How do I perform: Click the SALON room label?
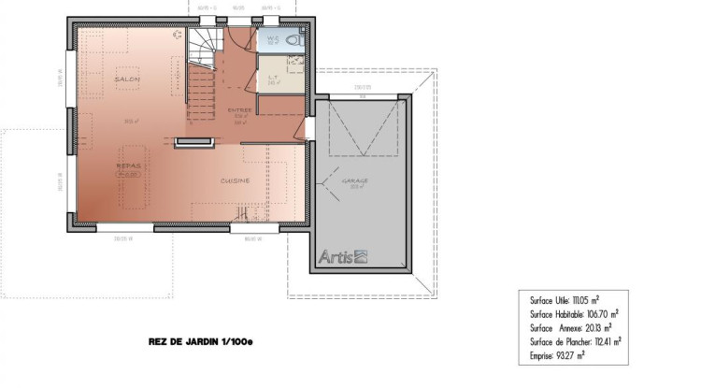click(x=127, y=80)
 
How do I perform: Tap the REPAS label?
click(x=128, y=165)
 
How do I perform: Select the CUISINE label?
click(x=235, y=180)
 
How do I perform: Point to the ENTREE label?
click(x=239, y=109)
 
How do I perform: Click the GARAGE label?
click(x=354, y=180)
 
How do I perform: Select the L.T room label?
click(x=272, y=78)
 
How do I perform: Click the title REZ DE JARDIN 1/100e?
click(x=201, y=343)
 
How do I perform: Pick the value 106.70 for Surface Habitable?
click(x=595, y=315)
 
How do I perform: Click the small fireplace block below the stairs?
click(x=191, y=142)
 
